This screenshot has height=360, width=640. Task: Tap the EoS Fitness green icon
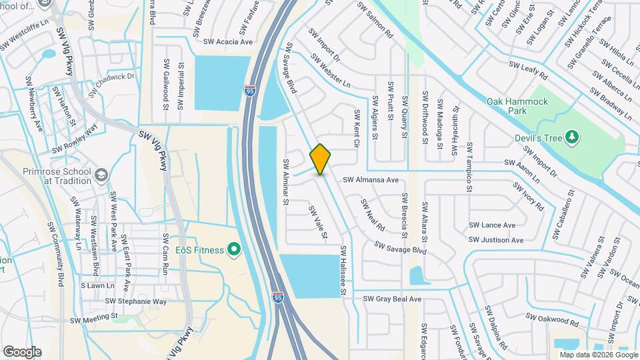tap(233, 250)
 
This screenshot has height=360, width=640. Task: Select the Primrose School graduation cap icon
tap(101, 175)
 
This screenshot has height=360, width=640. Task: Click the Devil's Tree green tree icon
tap(571, 137)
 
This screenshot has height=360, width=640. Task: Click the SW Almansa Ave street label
tap(371, 180)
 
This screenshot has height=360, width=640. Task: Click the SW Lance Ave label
tap(492, 225)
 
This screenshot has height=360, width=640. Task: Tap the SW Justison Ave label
tap(497, 240)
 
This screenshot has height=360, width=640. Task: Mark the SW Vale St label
tap(318, 222)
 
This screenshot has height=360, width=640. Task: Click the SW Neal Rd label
tap(373, 214)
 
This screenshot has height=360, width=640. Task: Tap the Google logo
tap(22, 352)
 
